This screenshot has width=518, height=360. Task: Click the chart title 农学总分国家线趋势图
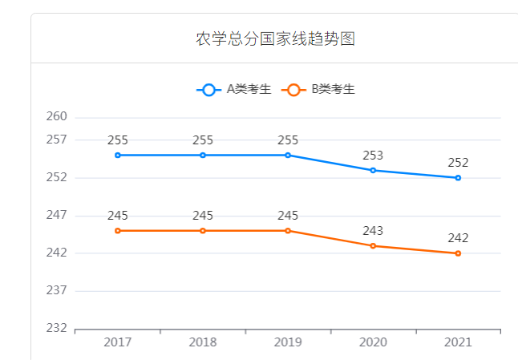coord(275,39)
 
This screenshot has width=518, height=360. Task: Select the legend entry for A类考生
coord(233,90)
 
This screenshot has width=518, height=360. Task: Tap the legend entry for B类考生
coord(320,90)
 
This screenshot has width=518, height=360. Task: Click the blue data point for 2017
coord(117,155)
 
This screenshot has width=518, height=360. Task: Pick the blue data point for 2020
coord(373,170)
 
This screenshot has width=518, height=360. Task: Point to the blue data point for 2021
coord(458,178)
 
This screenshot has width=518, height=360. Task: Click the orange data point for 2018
coord(203,231)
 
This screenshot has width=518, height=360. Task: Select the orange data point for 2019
coord(288,231)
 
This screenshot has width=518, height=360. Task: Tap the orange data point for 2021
coord(458,253)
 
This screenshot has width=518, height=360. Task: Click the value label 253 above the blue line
coord(373,156)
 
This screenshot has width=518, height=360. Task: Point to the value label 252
coord(458,163)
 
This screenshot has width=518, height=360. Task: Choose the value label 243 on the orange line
coord(373,231)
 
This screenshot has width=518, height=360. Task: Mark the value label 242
coord(458,238)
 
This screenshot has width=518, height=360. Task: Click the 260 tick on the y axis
coord(57,117)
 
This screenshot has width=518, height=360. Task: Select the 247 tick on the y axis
coord(57,216)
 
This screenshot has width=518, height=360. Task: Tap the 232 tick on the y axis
coord(57,329)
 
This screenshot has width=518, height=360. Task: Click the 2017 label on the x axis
coord(117,342)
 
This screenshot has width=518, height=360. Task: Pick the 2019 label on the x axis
coord(288,342)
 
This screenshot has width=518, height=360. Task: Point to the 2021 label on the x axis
coord(458,342)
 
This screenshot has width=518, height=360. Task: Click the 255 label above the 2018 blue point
coord(203,140)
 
